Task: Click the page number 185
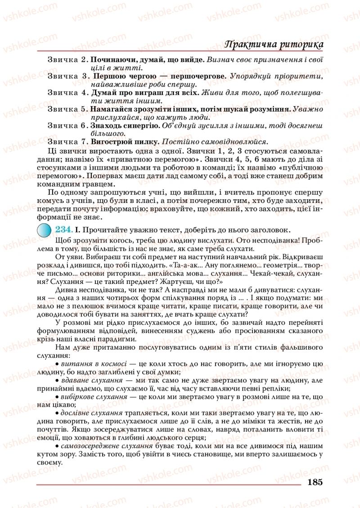coord(315,482)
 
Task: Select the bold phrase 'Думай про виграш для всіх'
coord(144,92)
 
